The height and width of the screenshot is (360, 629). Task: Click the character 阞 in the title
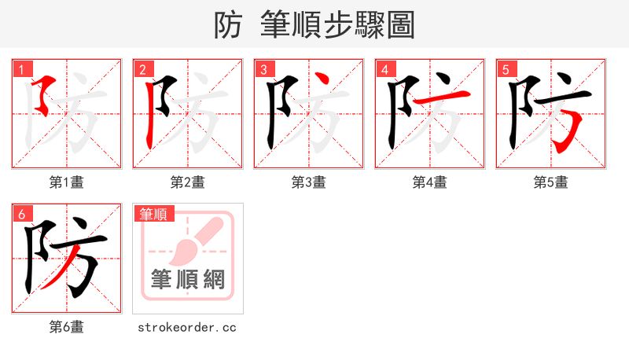[x=228, y=25]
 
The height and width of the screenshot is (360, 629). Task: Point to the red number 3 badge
[x=263, y=70]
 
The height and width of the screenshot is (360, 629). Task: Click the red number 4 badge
[x=384, y=70]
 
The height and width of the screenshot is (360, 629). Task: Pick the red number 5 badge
[x=506, y=70]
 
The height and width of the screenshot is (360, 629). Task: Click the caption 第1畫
[x=67, y=182]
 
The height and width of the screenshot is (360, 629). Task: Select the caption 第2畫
[x=188, y=182]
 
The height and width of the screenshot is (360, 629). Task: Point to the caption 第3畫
[x=309, y=182]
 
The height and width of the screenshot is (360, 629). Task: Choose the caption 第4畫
[x=430, y=182]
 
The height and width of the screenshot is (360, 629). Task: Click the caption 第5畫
[x=551, y=182]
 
